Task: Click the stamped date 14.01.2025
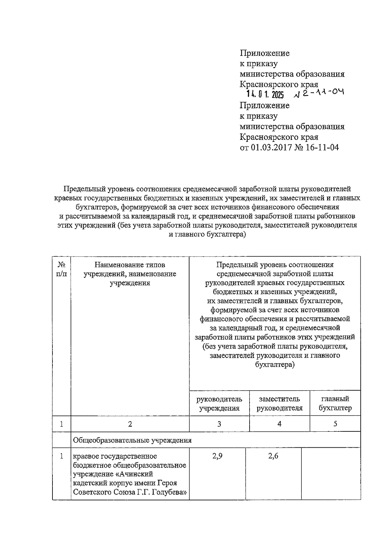click(x=265, y=95)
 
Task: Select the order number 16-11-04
click(x=323, y=147)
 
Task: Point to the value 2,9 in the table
click(x=217, y=456)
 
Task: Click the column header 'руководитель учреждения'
click(x=219, y=403)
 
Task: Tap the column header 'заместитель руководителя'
click(x=280, y=403)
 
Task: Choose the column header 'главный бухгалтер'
click(x=335, y=403)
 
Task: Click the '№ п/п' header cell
click(x=62, y=269)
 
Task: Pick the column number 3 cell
click(x=219, y=424)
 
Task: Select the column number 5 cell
click(x=335, y=424)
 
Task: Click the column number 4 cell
click(x=280, y=424)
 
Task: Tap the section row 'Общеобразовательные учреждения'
click(x=132, y=440)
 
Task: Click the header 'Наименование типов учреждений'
click(x=130, y=274)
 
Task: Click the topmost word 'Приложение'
click(x=265, y=53)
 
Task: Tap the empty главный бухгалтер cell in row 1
click(x=331, y=473)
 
